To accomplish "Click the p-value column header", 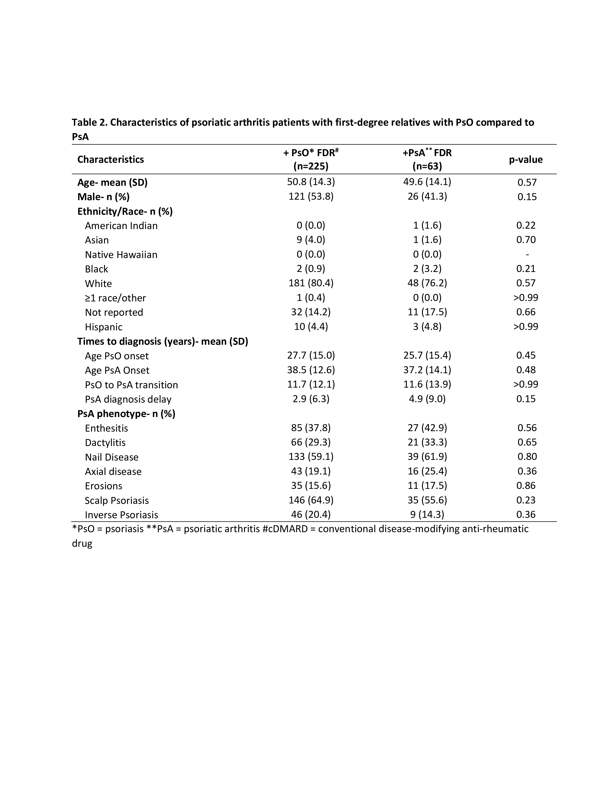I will click(525, 159).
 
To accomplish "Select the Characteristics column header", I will click(110, 159).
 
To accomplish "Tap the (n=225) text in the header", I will click(311, 166).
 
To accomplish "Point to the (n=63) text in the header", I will click(427, 166).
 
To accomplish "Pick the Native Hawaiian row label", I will click(121, 255).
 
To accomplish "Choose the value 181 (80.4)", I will click(311, 283).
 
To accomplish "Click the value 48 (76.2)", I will click(427, 283).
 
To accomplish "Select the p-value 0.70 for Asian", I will click(526, 239).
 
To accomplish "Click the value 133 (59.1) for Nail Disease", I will click(311, 457).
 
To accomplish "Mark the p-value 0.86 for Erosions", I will click(526, 485).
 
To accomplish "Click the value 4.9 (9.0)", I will click(427, 399).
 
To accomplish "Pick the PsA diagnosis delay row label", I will click(128, 399).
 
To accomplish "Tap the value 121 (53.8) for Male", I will click(311, 196).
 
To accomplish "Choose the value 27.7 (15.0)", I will click(311, 355).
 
